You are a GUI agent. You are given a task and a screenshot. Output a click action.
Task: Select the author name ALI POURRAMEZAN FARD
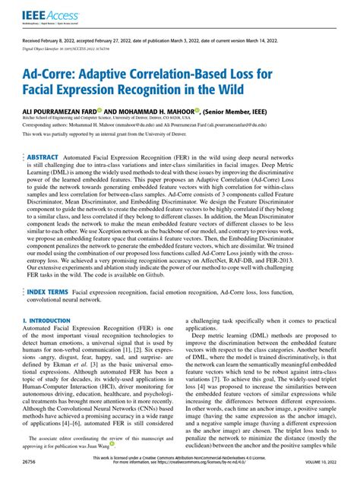pos(68,109)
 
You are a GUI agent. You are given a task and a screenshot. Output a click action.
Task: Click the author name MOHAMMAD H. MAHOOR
pos(158,109)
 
